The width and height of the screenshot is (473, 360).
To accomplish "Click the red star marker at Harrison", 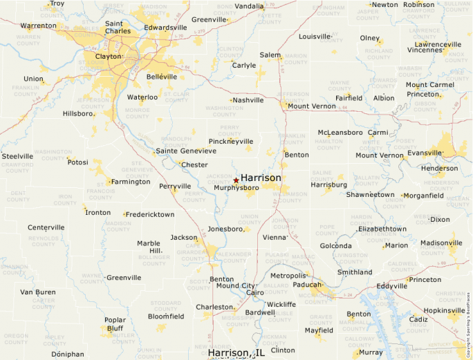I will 236,180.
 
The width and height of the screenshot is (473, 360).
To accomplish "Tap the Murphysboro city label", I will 236,188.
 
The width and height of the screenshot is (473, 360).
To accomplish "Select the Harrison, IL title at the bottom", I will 236,353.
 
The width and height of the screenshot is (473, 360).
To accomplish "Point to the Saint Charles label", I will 118,27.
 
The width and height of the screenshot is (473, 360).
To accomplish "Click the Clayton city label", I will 108,57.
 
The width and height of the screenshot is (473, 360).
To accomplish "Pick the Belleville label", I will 162,77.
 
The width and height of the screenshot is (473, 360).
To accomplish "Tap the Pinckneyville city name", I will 231,141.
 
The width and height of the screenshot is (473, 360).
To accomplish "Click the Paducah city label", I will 306,284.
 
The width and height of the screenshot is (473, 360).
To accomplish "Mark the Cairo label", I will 255,293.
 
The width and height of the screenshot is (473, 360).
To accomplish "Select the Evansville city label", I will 425,153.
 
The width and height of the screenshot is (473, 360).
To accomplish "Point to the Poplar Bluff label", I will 115,325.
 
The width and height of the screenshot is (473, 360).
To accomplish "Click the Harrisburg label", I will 328,185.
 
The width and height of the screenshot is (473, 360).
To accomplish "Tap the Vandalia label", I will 249,6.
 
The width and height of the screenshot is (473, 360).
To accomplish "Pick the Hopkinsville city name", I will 445,311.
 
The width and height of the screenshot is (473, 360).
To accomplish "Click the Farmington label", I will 131,182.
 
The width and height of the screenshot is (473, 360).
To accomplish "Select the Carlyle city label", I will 243,66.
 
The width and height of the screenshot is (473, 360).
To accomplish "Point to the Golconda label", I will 335,246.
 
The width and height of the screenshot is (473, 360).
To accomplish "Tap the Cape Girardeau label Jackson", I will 184,238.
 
